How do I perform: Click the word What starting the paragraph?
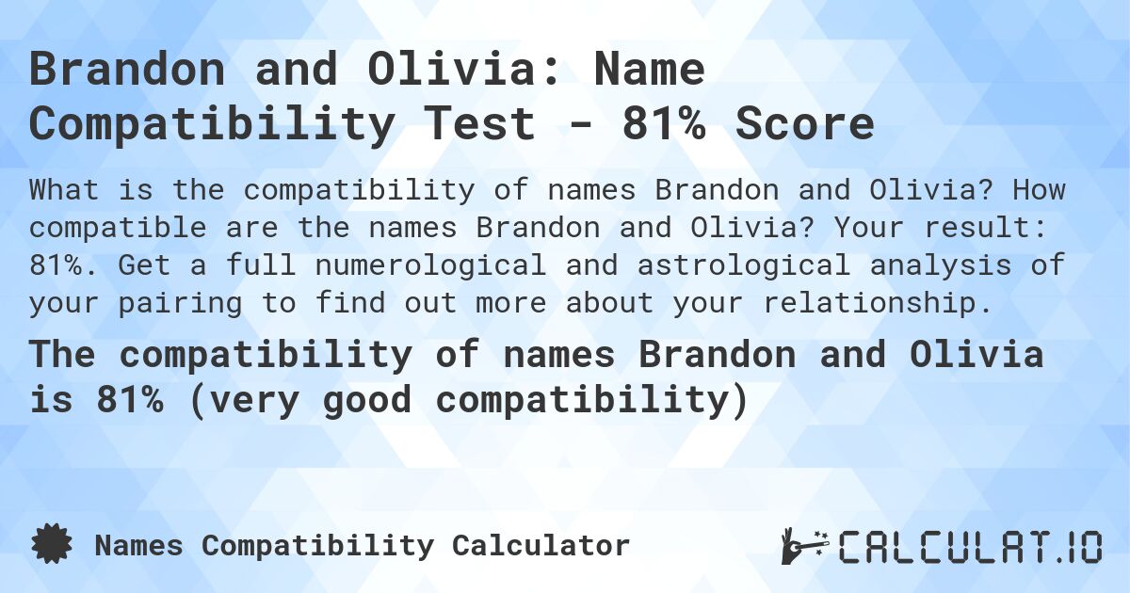coord(64,190)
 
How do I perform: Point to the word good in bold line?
coord(365,401)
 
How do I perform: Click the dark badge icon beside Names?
coord(51,545)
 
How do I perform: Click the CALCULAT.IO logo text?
coord(970,546)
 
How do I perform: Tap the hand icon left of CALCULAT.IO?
coord(803,546)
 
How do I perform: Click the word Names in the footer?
coord(140,545)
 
